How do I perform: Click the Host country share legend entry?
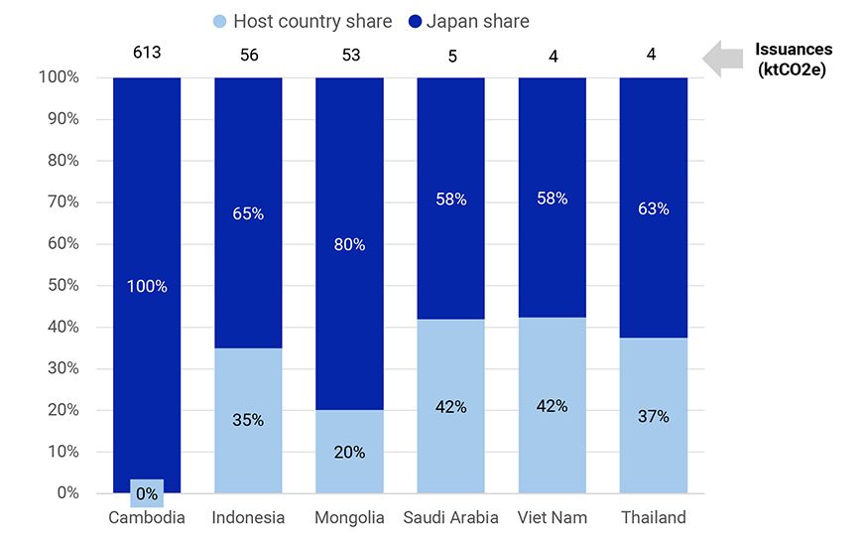[x=302, y=21]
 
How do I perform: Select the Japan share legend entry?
[x=469, y=21]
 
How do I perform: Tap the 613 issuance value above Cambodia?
[x=147, y=54]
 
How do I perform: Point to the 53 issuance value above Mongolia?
[x=350, y=55]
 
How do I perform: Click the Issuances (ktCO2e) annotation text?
[x=794, y=59]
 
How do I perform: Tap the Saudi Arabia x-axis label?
[x=451, y=517]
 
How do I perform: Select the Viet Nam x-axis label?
[x=553, y=517]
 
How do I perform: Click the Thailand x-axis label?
[x=653, y=517]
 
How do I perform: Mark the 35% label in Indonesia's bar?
[x=248, y=420]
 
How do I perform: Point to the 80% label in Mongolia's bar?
[x=350, y=243]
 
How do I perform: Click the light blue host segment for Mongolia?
[x=349, y=467]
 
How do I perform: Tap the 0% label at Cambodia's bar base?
[x=147, y=493]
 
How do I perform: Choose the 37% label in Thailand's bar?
[x=654, y=416]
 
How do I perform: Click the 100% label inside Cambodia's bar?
[x=147, y=286]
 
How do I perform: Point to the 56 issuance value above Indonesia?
[x=249, y=55]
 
